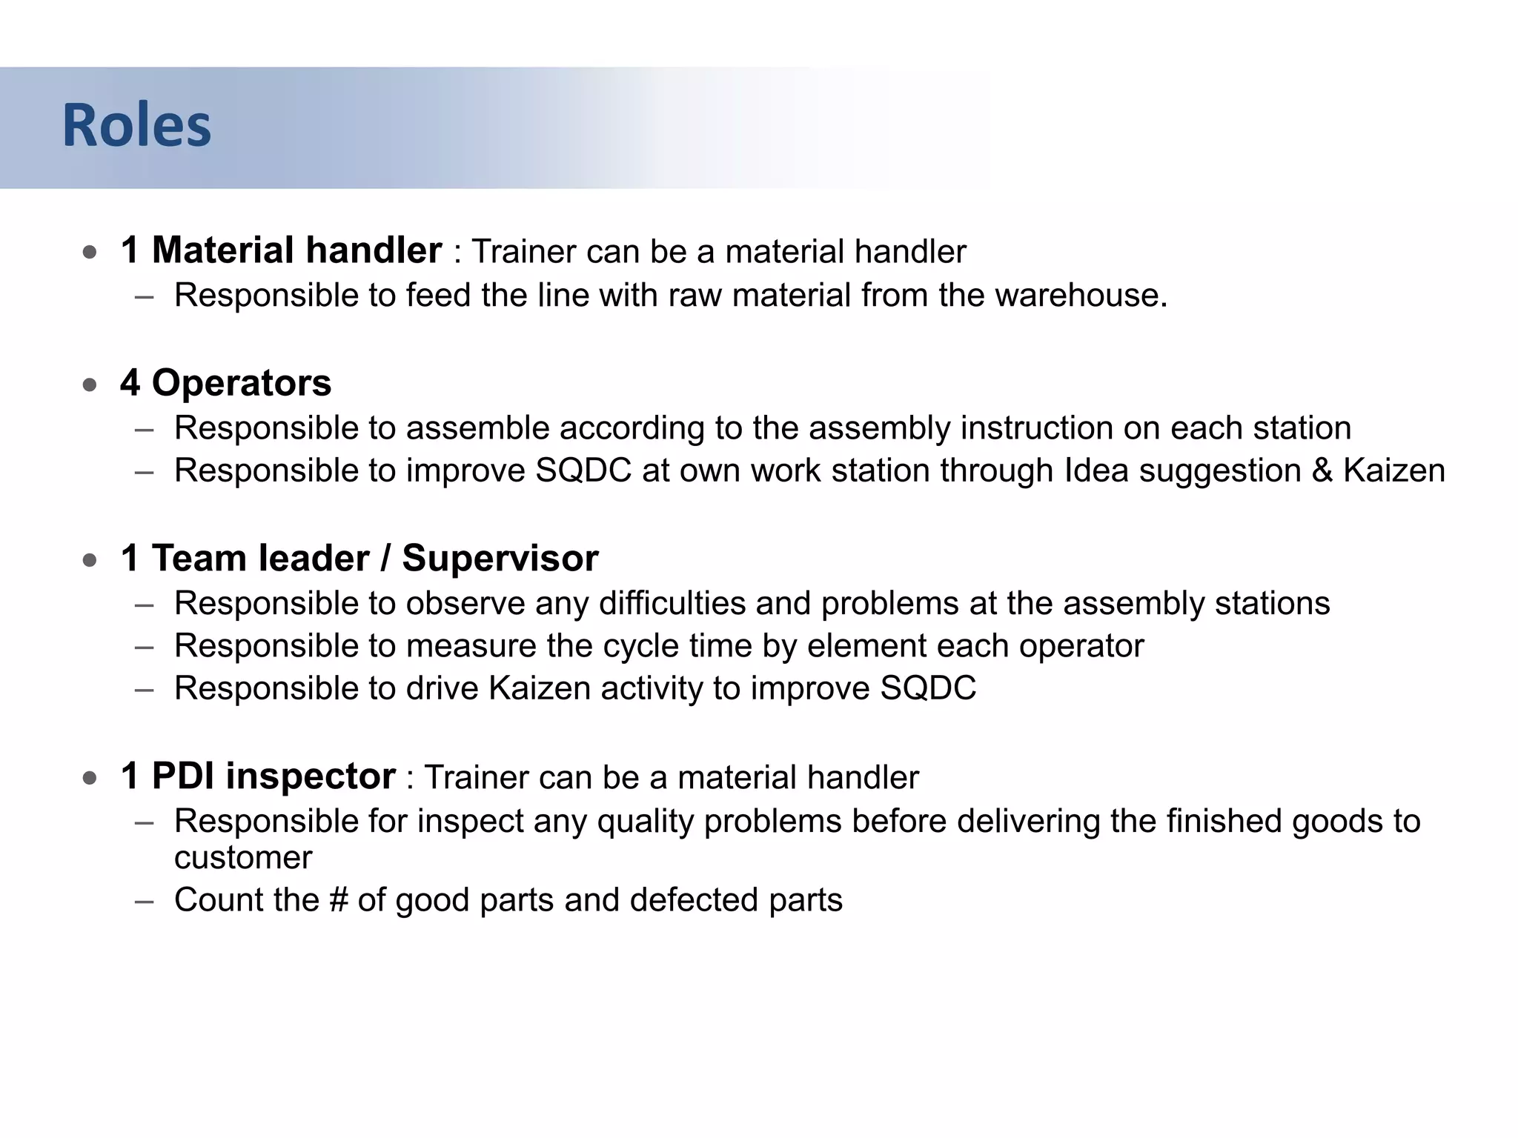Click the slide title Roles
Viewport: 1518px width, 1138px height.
coord(136,125)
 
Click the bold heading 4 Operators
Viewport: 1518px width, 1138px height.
coord(225,383)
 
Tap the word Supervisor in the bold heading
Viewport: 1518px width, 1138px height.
coord(500,558)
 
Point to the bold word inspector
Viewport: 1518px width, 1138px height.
coord(311,776)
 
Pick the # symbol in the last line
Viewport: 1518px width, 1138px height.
coord(338,900)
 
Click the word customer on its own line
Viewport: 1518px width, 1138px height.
coord(243,858)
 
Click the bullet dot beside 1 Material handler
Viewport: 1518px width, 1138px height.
coord(90,252)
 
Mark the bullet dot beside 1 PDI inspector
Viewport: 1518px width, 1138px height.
coord(90,778)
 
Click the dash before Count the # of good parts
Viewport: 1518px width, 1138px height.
coord(145,902)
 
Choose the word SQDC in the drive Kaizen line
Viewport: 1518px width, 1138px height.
coord(928,688)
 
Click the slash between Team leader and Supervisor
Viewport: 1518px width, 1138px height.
coord(385,558)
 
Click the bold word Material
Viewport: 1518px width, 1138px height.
coord(223,250)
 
